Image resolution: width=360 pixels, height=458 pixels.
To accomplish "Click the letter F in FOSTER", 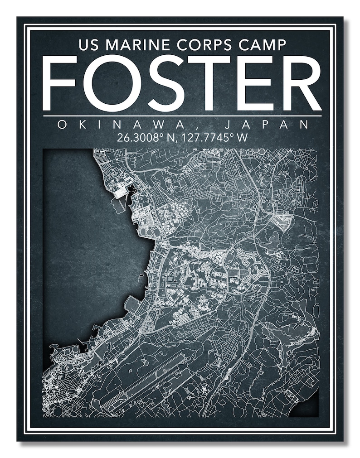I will pos(61,83).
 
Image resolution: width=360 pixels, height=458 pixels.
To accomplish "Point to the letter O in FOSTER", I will pos(109,83).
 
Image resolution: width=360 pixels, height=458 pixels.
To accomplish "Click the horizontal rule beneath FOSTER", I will pos(181,116).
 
